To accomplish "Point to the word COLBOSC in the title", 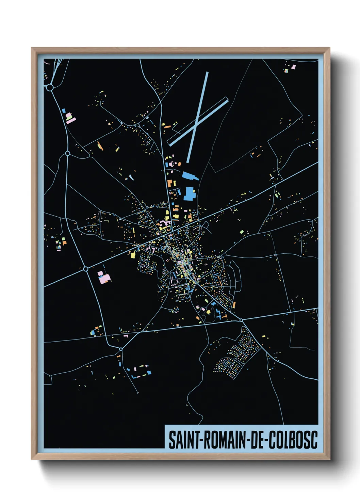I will coord(293,440).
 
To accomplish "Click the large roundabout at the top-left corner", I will coord(50,88).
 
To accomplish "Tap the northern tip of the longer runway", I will coord(207,72).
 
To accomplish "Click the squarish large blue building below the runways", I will coord(189,193).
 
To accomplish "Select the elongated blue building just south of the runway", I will coord(189,176).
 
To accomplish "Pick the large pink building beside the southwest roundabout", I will coord(104,277).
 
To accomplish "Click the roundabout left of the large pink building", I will coord(86,269).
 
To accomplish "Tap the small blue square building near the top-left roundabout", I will coord(64,111).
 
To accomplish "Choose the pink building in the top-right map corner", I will coord(293,67).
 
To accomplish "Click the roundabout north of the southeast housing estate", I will coord(241,320).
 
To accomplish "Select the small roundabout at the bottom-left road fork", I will coord(120,349).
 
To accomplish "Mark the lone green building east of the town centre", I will coord(242,232).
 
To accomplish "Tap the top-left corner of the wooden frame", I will coord(32,48).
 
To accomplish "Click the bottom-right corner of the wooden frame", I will coord(329,459).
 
